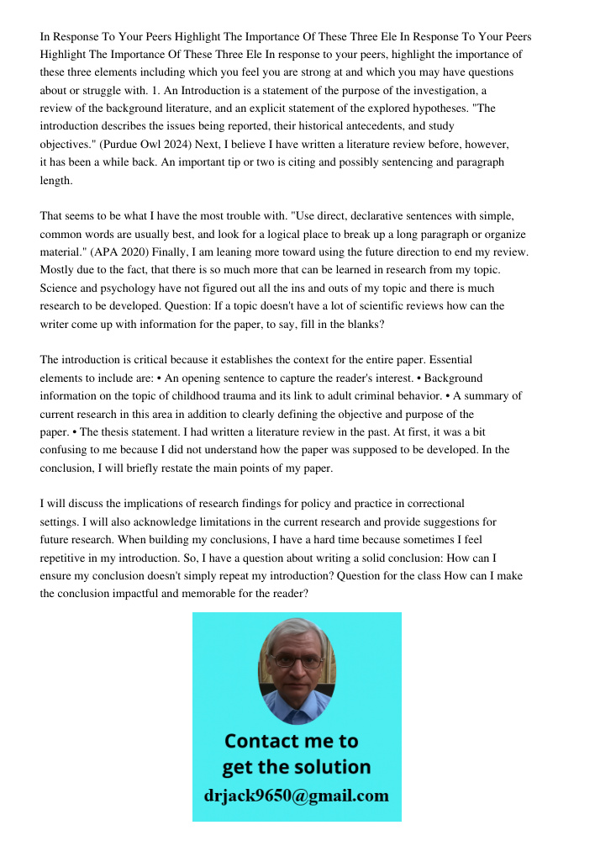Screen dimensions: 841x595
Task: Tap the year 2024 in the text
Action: [182, 144]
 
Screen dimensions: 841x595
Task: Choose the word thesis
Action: [92, 431]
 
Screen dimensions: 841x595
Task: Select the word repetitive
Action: [68, 557]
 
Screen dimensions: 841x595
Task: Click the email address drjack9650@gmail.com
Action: [297, 796]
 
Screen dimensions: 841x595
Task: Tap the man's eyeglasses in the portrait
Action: [297, 661]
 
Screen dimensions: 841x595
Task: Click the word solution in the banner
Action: [332, 767]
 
